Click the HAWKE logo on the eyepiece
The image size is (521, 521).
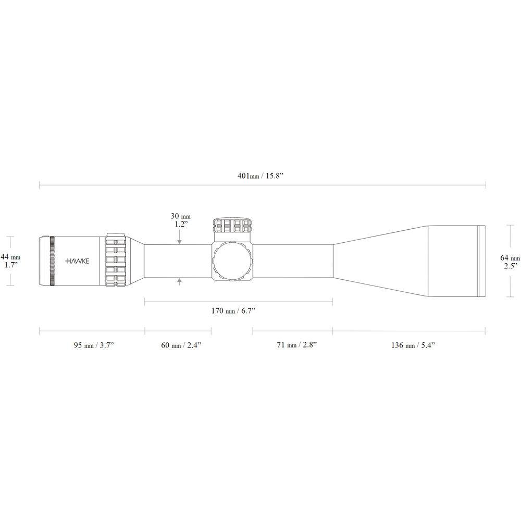(x=78, y=260)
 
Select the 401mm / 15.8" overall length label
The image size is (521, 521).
(x=262, y=176)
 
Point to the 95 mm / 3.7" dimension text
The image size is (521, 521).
(x=94, y=345)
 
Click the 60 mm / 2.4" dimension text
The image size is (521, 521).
(x=178, y=345)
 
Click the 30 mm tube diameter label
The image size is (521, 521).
(x=180, y=215)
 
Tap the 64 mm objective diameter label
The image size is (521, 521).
(x=510, y=257)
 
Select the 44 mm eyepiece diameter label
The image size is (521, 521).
(x=11, y=257)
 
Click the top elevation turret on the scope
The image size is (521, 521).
(x=232, y=226)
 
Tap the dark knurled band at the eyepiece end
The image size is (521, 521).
(x=52, y=260)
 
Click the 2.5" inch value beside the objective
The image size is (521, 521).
(x=510, y=266)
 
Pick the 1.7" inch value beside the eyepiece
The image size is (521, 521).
(x=11, y=265)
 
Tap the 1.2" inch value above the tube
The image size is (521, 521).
(x=180, y=224)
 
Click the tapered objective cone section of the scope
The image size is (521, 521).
(x=380, y=260)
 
